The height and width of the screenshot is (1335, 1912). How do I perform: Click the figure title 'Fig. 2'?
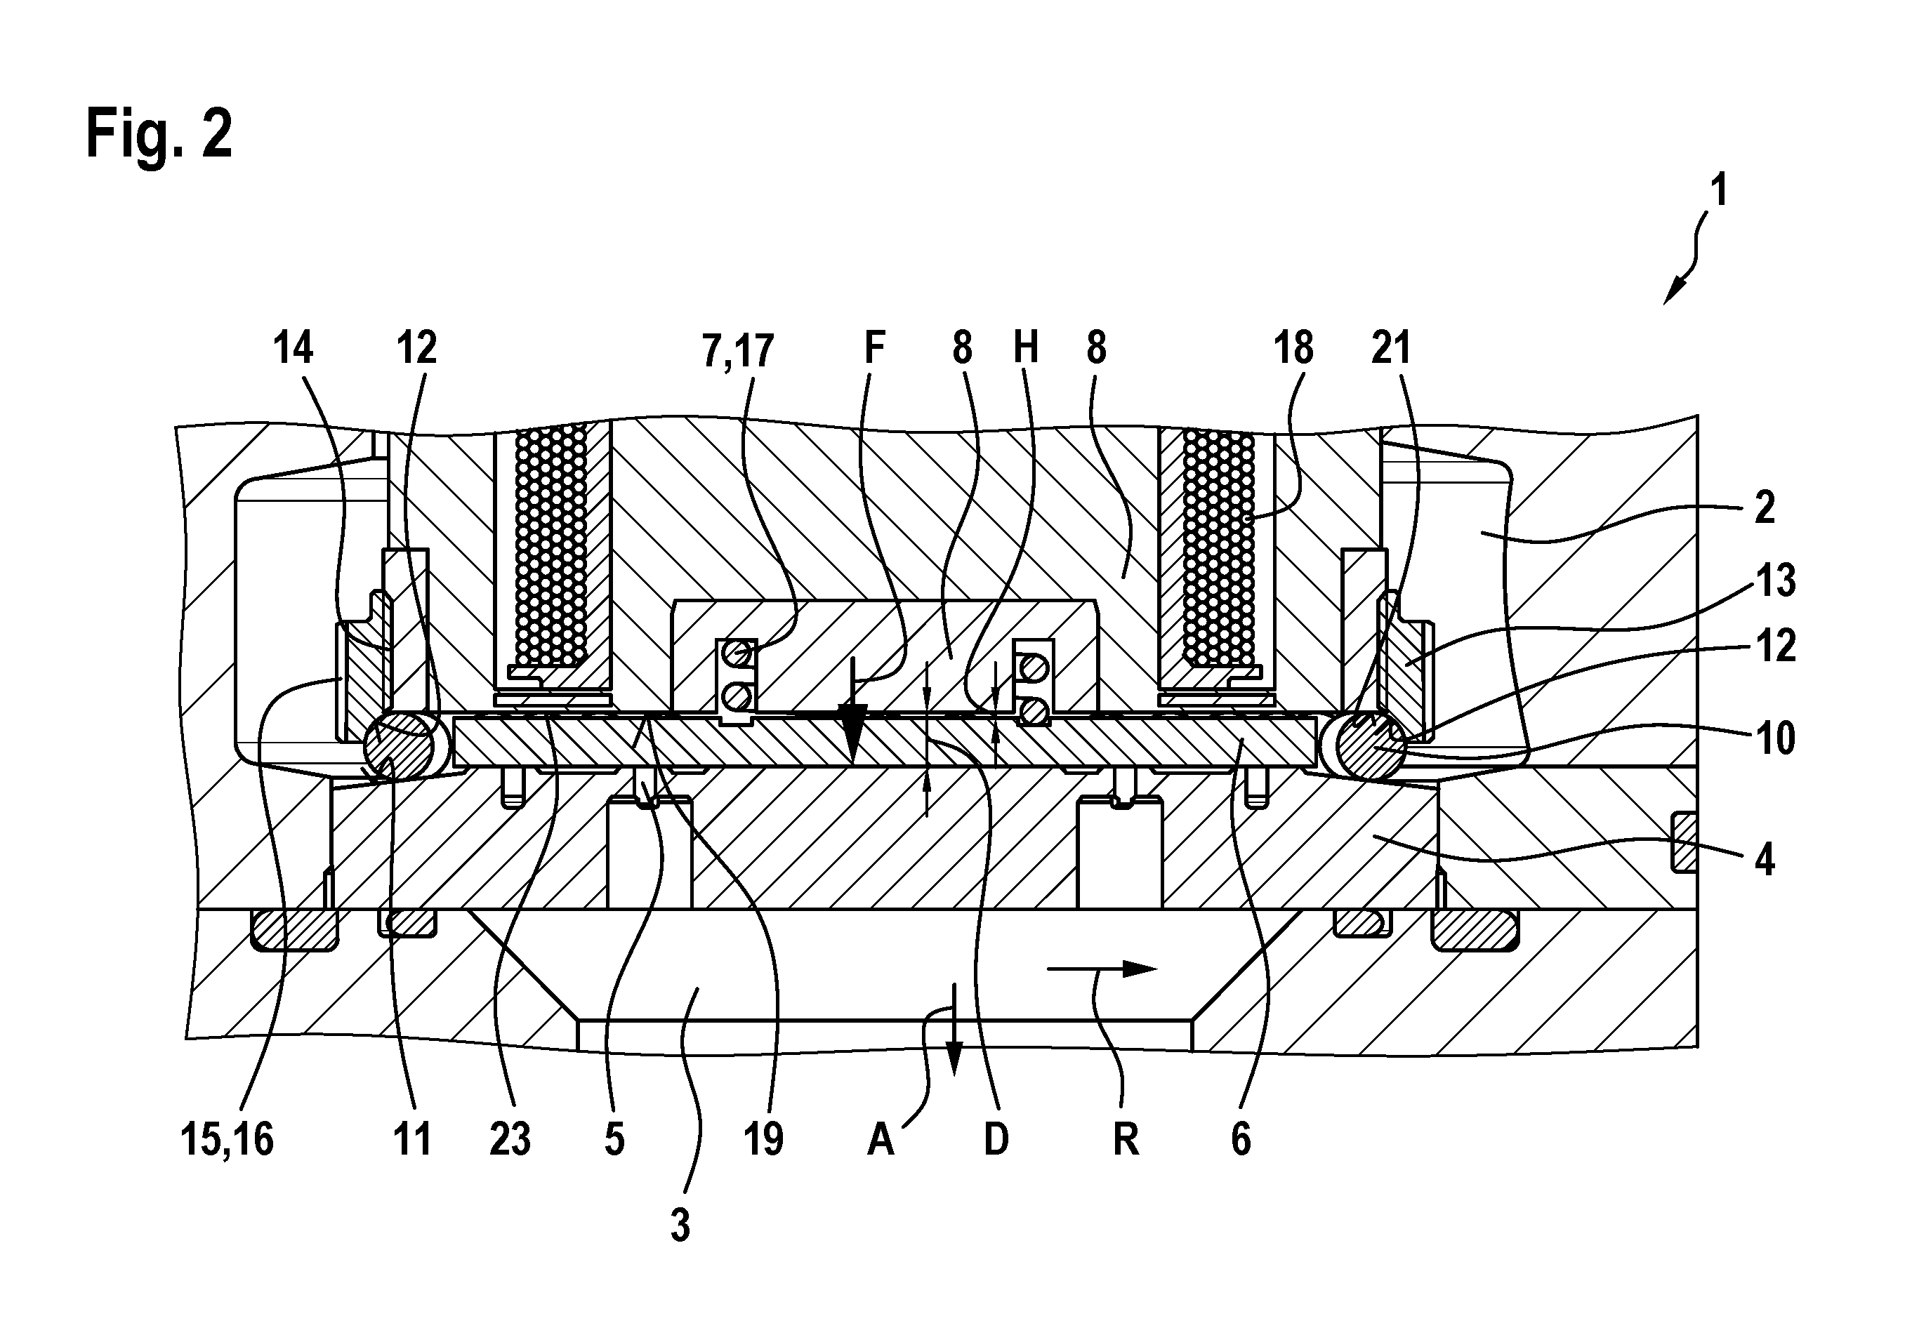[x=159, y=134]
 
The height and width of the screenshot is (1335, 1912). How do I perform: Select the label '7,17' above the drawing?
[x=738, y=350]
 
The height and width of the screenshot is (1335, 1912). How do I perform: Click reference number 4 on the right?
[x=1764, y=859]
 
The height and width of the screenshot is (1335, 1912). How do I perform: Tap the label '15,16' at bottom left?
[x=228, y=1139]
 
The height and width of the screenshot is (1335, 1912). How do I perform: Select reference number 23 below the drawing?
[x=510, y=1139]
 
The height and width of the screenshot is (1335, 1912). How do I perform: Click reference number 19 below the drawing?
[x=764, y=1139]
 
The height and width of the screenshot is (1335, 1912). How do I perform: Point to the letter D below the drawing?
[x=996, y=1139]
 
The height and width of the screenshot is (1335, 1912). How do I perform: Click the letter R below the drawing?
[x=1126, y=1139]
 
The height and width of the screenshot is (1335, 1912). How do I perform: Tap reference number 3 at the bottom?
[x=680, y=1226]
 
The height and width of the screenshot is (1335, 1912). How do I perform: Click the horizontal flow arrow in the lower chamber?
[x=1102, y=968]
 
